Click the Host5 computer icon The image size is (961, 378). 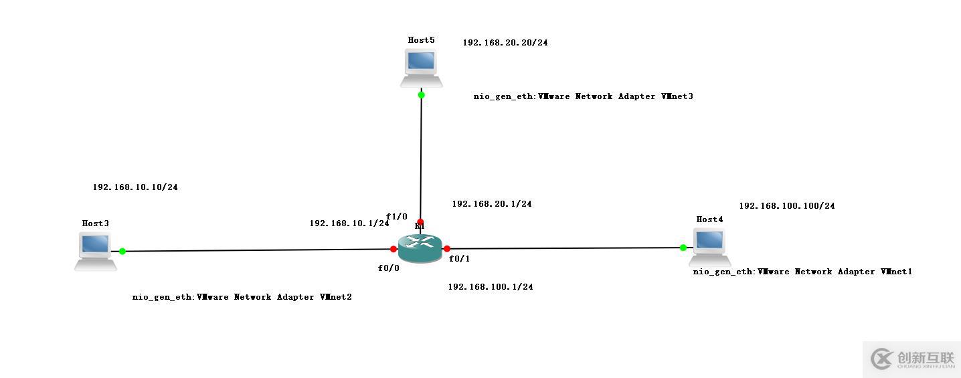[421, 68]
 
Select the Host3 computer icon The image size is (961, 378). [95, 251]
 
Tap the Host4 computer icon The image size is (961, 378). [709, 246]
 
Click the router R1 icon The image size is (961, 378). [420, 249]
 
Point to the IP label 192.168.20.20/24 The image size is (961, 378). [505, 43]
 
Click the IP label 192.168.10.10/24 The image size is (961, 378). [135, 187]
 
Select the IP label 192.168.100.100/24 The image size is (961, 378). [787, 206]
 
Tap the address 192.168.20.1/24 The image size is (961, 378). [492, 204]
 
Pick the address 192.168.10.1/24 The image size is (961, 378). [349, 223]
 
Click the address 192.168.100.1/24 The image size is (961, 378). [491, 287]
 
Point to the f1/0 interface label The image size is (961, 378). [397, 216]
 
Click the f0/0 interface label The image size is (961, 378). [389, 268]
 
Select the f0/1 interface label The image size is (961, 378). [459, 259]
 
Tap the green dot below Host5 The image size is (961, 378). [421, 95]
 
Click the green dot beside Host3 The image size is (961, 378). [122, 252]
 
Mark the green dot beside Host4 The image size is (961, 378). [683, 248]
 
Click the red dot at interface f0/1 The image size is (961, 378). [446, 249]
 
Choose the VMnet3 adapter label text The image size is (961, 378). [584, 96]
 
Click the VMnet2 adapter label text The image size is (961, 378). [242, 297]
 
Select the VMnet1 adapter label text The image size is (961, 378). [802, 272]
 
